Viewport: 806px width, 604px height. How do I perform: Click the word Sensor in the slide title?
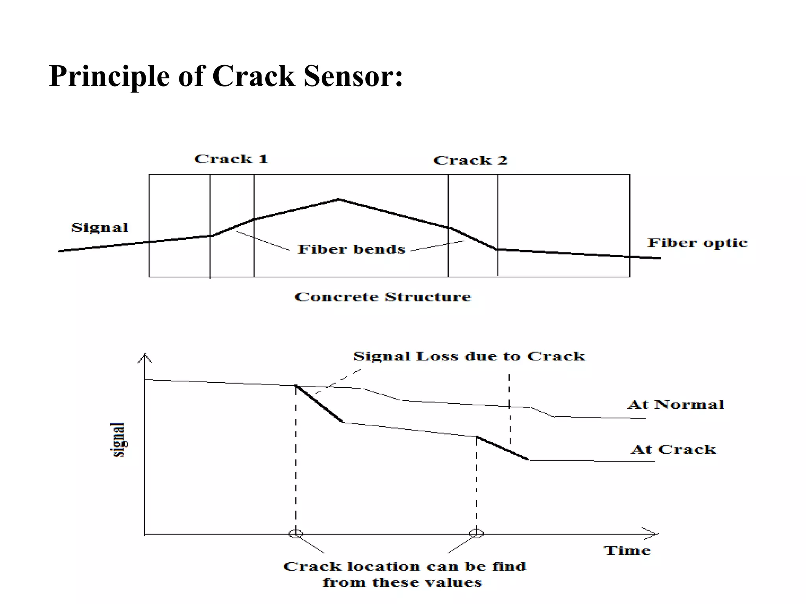pyautogui.click(x=353, y=75)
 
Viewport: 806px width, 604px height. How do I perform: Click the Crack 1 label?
pyautogui.click(x=231, y=159)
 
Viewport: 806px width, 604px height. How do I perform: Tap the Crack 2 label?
pyautogui.click(x=470, y=160)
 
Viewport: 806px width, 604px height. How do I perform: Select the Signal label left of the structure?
pyautogui.click(x=100, y=228)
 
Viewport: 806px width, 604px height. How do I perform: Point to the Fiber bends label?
pyautogui.click(x=351, y=249)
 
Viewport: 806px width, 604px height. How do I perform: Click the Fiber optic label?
pyautogui.click(x=697, y=243)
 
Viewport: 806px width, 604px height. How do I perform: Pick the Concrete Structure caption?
pyautogui.click(x=383, y=297)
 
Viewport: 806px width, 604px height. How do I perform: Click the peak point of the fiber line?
pyautogui.click(x=338, y=199)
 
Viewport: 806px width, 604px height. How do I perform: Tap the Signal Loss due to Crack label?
pyautogui.click(x=469, y=356)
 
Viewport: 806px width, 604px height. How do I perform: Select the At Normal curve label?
pyautogui.click(x=675, y=405)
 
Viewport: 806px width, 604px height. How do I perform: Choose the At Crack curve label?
pyautogui.click(x=673, y=449)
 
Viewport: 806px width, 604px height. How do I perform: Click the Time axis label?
pyautogui.click(x=627, y=551)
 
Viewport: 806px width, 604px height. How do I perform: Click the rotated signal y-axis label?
pyautogui.click(x=118, y=439)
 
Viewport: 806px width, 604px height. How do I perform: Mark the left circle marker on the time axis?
pyautogui.click(x=296, y=534)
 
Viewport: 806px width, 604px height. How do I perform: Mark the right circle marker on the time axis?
pyautogui.click(x=476, y=533)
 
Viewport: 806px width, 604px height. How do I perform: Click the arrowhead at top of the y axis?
pyautogui.click(x=145, y=357)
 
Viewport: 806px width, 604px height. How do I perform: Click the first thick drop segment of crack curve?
pyautogui.click(x=319, y=404)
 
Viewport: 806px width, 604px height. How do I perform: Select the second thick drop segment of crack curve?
pyautogui.click(x=502, y=448)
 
